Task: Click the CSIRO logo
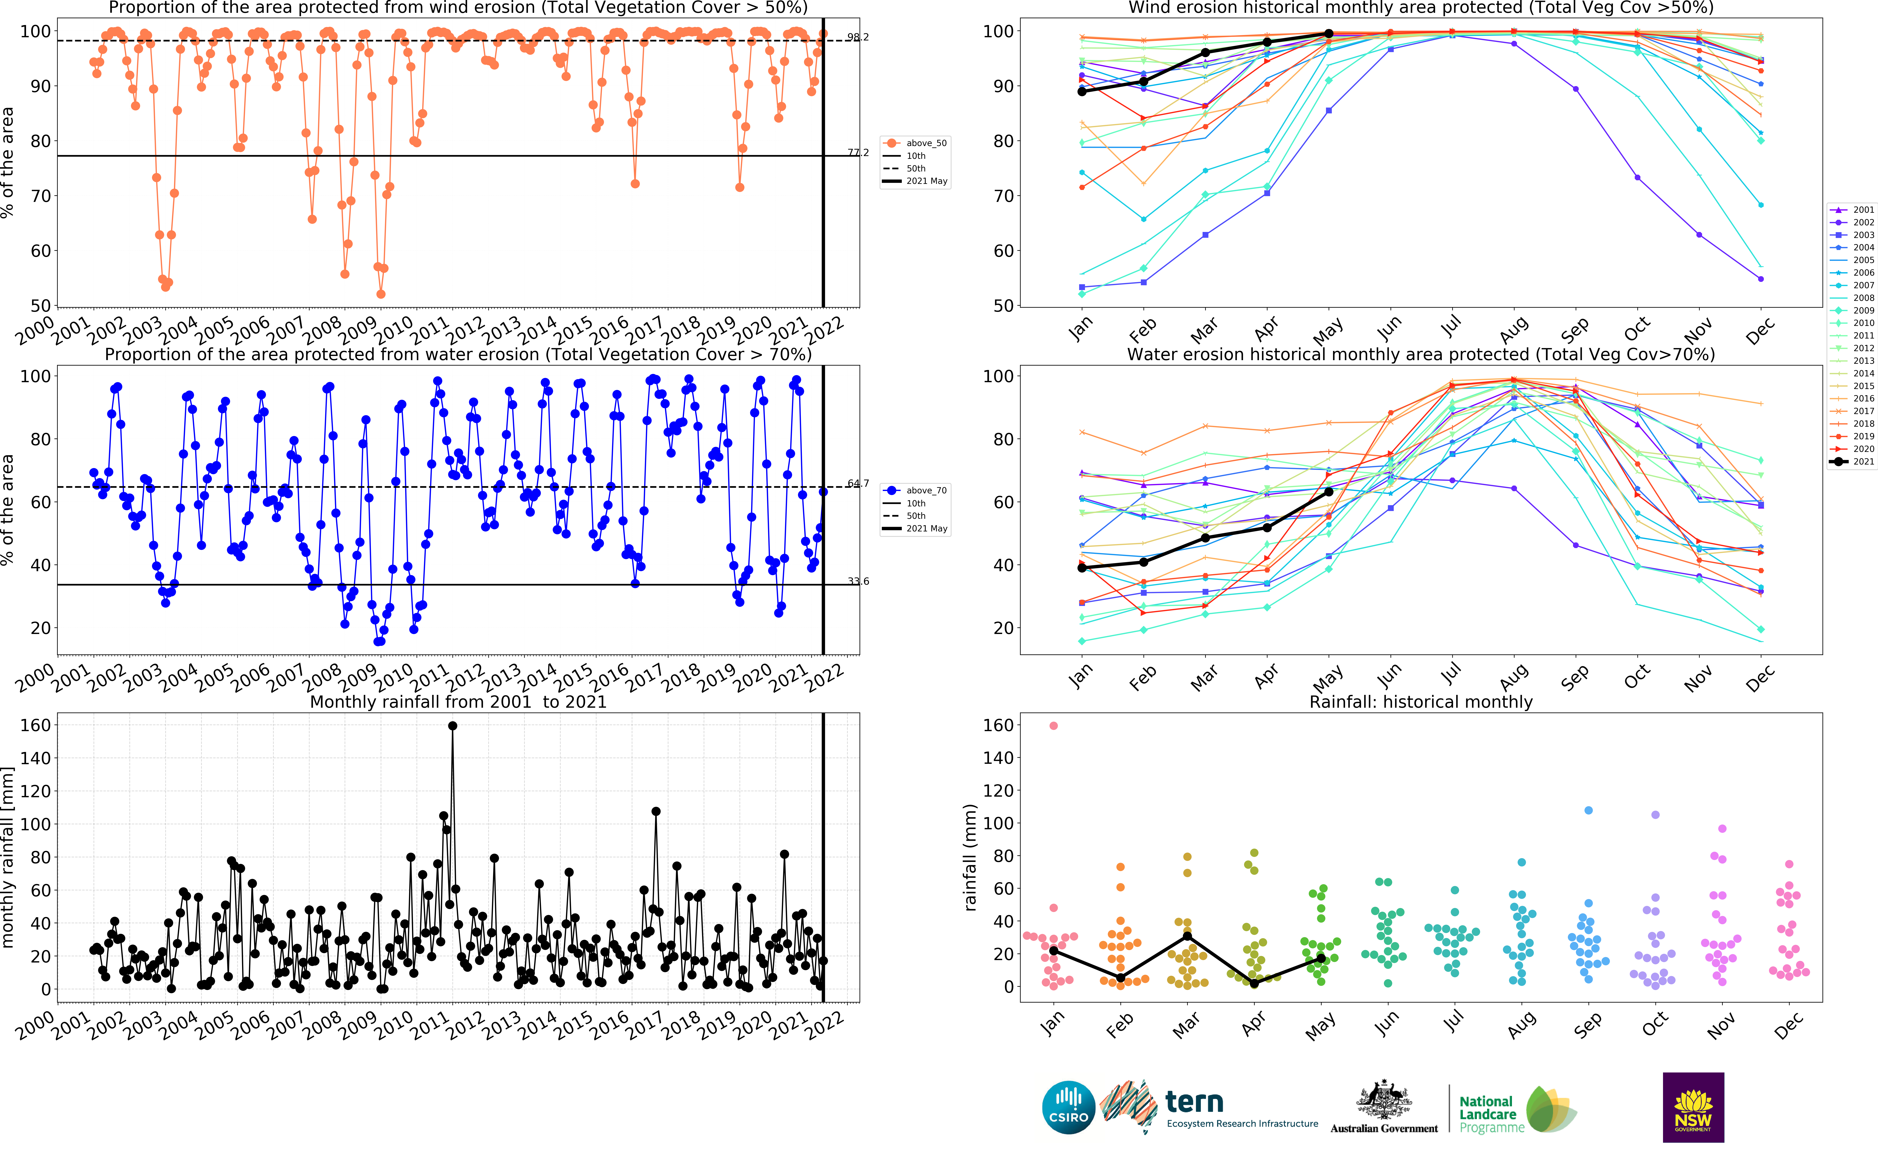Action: click(1068, 1107)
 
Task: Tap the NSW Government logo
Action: click(1693, 1107)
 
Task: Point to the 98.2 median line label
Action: click(858, 37)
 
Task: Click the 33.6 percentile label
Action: click(858, 582)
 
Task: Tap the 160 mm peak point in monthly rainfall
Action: click(452, 725)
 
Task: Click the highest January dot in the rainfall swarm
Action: click(1054, 725)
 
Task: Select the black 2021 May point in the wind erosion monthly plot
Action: click(1329, 34)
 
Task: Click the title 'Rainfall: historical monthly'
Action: click(1421, 702)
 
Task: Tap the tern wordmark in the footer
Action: click(1194, 1102)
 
